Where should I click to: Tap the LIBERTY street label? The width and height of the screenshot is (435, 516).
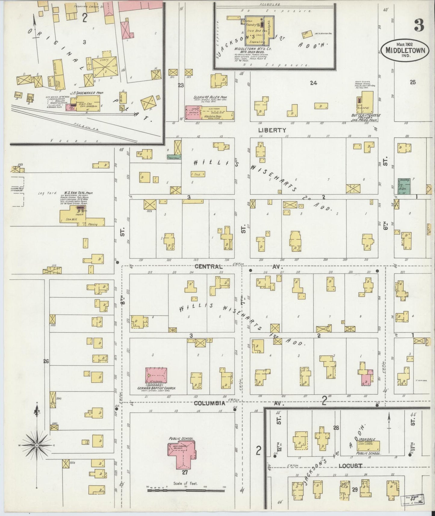pos(272,130)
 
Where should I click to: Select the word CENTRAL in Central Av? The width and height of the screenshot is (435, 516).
pos(208,266)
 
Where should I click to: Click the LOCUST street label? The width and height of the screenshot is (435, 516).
pos(350,466)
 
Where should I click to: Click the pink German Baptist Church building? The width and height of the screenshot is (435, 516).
pos(156,375)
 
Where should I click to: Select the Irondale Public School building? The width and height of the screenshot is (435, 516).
pos(369,445)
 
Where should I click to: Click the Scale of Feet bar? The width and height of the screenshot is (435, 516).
pos(186,490)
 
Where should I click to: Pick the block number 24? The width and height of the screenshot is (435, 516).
pos(313,83)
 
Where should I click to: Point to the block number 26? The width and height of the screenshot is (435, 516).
pos(45,361)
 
